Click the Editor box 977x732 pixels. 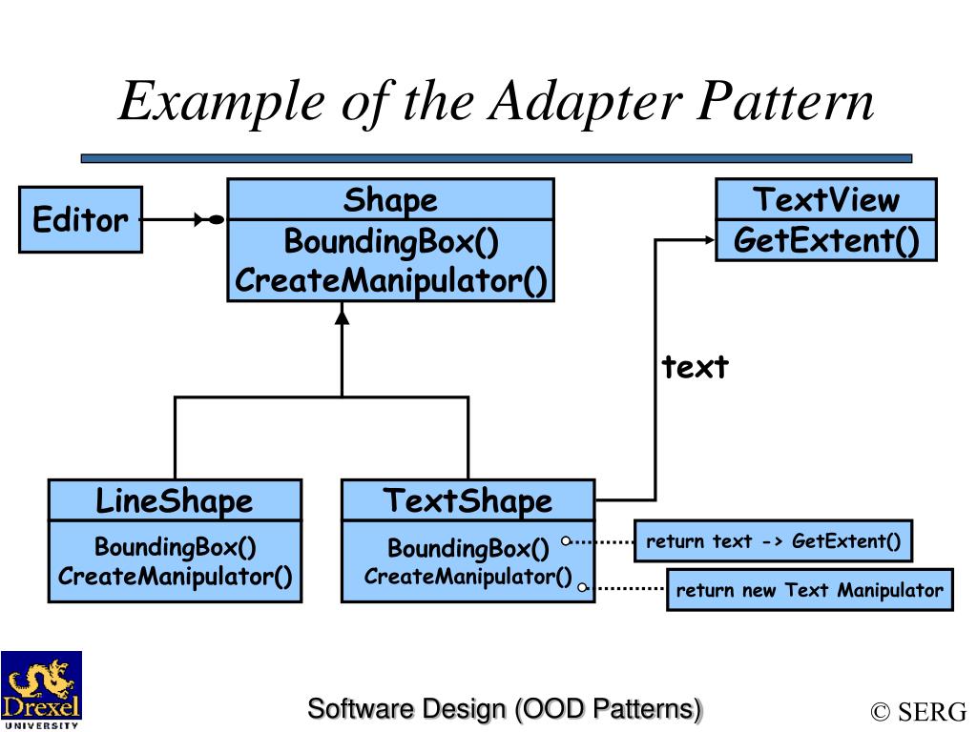tap(80, 220)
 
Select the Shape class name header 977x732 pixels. tap(390, 200)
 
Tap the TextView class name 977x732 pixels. tap(825, 200)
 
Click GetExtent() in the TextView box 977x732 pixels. tap(826, 240)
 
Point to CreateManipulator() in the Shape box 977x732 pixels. tap(391, 281)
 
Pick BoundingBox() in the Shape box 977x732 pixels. tap(391, 242)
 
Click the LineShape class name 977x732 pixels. tap(175, 500)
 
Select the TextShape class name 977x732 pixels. tap(468, 500)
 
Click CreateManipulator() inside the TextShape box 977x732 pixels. tap(468, 577)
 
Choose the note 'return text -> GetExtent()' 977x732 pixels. tap(773, 541)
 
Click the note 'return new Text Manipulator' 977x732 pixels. tap(809, 590)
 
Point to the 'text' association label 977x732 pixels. tap(696, 367)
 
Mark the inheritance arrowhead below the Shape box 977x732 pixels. tap(343, 315)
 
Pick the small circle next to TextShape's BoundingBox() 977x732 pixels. tap(566, 541)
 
